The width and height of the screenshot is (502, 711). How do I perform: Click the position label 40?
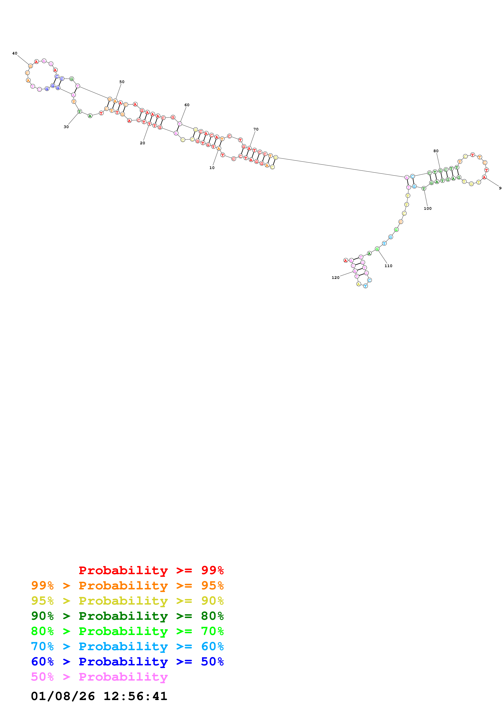click(15, 53)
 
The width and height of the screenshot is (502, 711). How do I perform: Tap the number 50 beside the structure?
click(122, 82)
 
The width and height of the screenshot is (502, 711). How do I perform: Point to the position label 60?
click(187, 105)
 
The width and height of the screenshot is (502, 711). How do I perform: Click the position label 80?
click(436, 151)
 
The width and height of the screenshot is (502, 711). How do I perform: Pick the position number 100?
click(427, 208)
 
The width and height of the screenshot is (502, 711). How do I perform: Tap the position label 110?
click(388, 266)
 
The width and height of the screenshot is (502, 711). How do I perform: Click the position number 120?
click(335, 277)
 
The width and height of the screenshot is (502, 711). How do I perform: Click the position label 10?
click(212, 168)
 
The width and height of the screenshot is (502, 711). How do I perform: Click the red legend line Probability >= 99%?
click(151, 570)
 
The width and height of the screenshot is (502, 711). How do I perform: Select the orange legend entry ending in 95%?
click(127, 585)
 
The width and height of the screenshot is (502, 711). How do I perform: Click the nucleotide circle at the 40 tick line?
click(30, 66)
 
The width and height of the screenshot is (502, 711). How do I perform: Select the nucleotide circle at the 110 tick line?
click(377, 249)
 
